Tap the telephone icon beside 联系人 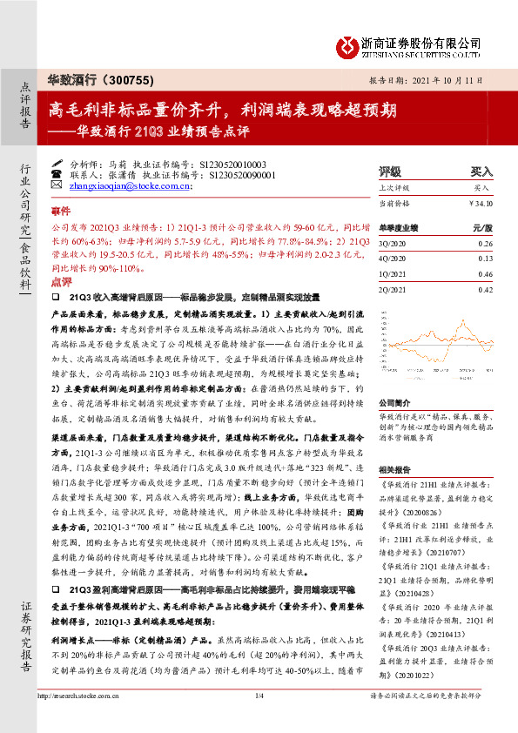57,174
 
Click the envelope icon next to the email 57,185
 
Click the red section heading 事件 60,212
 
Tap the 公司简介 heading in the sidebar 393,380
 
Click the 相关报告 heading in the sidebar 393,469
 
